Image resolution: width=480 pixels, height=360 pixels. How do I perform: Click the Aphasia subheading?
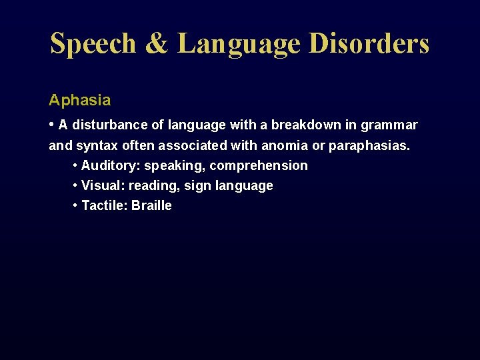(79, 101)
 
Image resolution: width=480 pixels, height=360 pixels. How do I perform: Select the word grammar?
(389, 125)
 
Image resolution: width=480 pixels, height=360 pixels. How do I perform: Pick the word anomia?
(285, 145)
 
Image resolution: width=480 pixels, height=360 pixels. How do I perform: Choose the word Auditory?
(110, 165)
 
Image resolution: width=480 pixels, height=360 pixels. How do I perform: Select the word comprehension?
(259, 166)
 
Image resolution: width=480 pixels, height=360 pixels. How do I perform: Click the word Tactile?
(103, 205)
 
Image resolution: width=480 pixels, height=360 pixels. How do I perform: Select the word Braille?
(151, 205)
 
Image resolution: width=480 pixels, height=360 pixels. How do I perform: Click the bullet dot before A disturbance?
(52, 125)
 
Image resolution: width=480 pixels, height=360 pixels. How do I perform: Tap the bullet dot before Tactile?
(75, 205)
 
